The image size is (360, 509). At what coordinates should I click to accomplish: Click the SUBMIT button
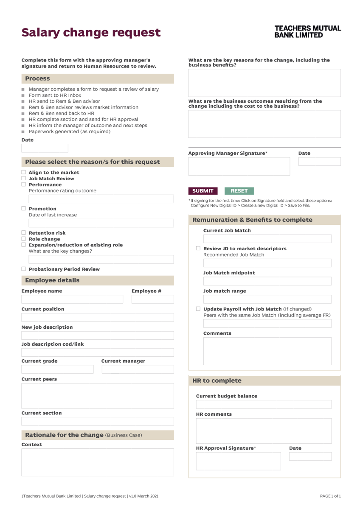203,191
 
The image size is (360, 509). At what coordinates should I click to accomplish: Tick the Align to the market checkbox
24,173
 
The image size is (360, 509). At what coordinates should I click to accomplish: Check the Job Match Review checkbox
24,179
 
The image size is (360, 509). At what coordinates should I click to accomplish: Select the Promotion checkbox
24,209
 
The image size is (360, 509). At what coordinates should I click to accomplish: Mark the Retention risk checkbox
24,233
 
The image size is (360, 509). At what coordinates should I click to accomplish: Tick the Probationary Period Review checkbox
24,269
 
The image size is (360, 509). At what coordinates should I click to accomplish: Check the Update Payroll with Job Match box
198,309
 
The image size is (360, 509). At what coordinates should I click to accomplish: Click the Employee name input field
72,299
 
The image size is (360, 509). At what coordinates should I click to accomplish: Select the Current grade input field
57,369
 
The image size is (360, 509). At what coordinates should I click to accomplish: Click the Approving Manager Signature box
239,166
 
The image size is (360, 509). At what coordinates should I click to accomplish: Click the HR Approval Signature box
238,461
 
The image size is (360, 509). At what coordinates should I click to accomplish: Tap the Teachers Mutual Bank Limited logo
307,32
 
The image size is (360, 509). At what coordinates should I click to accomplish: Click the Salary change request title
91,33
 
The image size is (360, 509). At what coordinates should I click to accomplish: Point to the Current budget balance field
264,404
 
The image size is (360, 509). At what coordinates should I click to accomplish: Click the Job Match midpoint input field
267,282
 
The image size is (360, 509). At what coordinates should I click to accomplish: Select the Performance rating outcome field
101,199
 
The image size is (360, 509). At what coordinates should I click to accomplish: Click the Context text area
98,462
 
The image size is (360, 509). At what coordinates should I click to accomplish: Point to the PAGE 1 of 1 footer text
330,496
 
